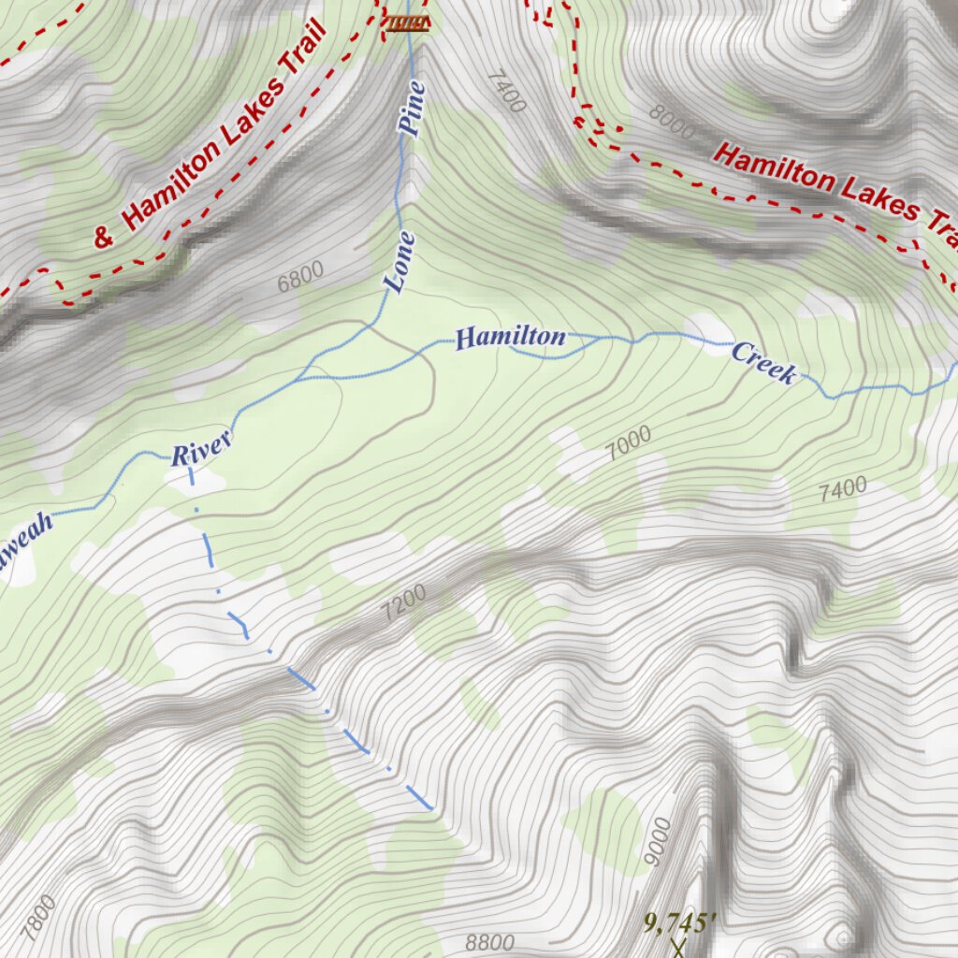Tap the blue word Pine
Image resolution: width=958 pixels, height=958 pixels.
[413, 110]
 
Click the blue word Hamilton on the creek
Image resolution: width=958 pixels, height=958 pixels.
[511, 338]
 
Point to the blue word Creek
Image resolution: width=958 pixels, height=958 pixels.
[763, 363]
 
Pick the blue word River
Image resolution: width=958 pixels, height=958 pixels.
[201, 450]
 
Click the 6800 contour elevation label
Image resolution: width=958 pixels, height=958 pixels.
[300, 276]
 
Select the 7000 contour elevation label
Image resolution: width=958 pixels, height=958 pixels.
[628, 443]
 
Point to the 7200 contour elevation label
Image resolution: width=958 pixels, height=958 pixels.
[404, 603]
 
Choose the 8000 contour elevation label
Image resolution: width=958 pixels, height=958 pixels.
[673, 123]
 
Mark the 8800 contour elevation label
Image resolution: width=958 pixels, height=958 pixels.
[489, 941]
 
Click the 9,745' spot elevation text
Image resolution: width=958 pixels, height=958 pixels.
[680, 922]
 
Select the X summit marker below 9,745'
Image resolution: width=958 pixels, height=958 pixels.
[678, 949]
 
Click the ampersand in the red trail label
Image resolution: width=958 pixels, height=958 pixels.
[104, 238]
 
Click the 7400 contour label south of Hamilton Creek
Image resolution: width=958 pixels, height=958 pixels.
[843, 489]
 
